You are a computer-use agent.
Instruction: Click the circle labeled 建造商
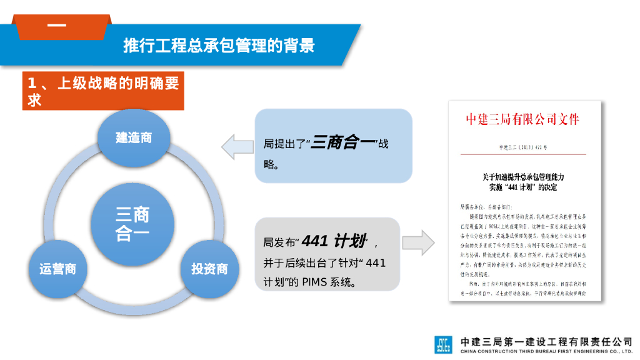tap(133, 138)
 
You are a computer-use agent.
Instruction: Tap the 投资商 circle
tap(209, 269)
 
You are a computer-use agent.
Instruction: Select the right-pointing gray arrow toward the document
tap(418, 242)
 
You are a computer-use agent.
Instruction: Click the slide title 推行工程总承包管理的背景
tap(218, 46)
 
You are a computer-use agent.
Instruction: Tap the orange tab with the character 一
tap(57, 26)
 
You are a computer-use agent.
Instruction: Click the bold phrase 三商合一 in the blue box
tap(342, 143)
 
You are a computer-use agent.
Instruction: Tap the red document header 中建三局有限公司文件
tap(522, 119)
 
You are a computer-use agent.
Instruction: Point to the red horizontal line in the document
tap(522, 154)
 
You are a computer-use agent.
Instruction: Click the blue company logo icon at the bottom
tap(443, 345)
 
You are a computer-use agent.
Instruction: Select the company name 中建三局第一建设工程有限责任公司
tap(546, 341)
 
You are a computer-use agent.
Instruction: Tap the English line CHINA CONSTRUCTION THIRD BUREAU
tap(546, 352)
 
